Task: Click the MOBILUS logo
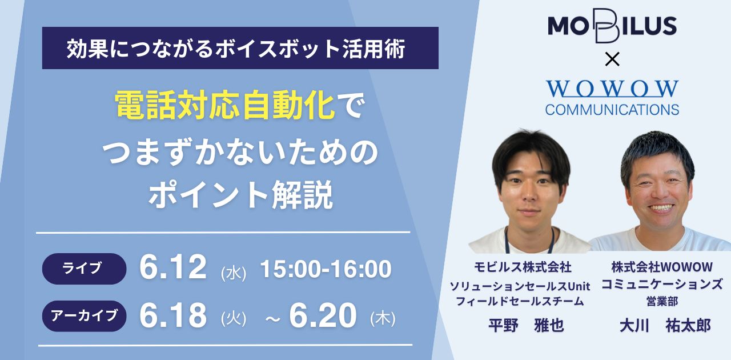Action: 612,26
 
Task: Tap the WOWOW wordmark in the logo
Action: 612,89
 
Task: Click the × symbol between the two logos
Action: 612,60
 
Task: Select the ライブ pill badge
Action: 84,269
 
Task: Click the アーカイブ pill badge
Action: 84,316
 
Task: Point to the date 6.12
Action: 173,267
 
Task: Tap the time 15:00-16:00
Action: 326,269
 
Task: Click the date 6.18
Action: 173,315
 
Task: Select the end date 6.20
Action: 323,315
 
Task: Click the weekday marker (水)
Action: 234,273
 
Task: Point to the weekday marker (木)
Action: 383,318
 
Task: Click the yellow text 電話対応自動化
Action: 225,105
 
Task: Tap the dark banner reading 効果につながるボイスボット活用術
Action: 240,48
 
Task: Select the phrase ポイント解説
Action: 240,195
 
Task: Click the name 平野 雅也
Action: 526,325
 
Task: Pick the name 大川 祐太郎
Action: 665,326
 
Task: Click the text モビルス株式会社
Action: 523,267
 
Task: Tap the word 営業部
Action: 662,301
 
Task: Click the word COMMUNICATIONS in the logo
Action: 612,110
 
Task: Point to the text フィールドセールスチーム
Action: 520,301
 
